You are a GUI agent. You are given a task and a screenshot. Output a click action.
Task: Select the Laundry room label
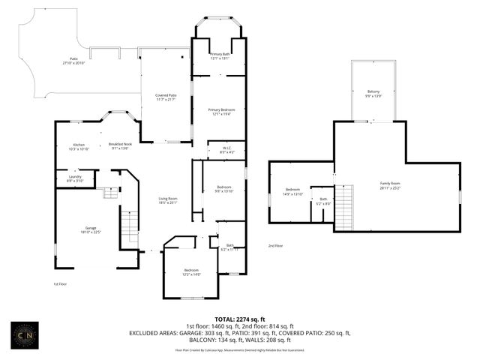(74, 178)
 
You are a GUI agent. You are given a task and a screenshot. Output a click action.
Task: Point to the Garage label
(91, 229)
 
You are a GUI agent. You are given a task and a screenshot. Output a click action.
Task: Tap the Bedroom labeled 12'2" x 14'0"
(192, 271)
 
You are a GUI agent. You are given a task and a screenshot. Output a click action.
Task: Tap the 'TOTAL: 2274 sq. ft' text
(239, 319)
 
